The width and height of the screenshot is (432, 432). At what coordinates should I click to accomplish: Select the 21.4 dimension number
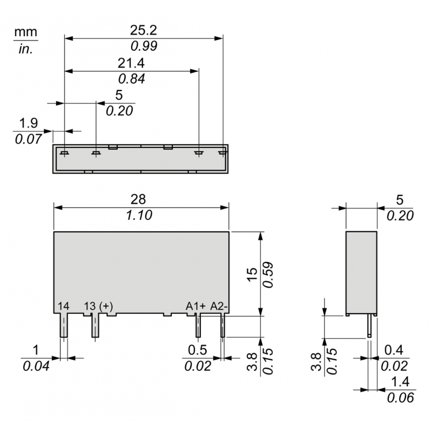click(131, 63)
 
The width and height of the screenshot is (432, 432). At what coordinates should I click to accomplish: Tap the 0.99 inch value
click(143, 46)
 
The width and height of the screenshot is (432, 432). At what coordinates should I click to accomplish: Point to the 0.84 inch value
click(131, 79)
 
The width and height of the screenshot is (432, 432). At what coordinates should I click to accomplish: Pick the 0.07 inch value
click(29, 139)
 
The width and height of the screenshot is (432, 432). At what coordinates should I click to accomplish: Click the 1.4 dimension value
click(400, 382)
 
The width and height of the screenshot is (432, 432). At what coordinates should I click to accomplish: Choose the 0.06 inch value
click(400, 398)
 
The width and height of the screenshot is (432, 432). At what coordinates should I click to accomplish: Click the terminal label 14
click(63, 307)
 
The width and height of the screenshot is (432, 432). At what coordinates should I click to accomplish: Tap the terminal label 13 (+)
click(98, 307)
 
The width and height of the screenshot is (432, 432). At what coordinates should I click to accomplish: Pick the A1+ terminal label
click(195, 307)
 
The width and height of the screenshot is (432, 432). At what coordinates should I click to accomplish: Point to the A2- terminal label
click(219, 307)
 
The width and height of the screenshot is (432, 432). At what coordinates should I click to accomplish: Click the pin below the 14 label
click(63, 326)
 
